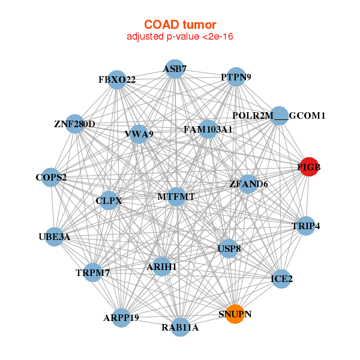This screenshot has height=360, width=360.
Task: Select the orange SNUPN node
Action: coord(235,314)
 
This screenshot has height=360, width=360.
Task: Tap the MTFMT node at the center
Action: coord(176,196)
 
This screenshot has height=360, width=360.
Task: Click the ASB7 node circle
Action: coord(174,69)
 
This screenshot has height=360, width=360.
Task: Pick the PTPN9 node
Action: coord(236,77)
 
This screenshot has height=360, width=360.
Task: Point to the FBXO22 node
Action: coord(117,79)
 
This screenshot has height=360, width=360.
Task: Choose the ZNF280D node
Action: coord(74,124)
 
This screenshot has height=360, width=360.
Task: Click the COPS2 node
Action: coord(51,177)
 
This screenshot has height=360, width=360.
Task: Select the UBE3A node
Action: coord(55,236)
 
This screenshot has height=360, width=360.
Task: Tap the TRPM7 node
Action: coord(93,272)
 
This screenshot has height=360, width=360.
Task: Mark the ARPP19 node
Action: coord(121,317)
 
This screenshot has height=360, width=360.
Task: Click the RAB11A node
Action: coord(179,327)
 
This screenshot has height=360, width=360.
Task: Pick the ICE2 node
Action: coord(281,278)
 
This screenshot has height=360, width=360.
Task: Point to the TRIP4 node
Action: coord(306,226)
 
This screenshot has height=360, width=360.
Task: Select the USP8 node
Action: coord(228,248)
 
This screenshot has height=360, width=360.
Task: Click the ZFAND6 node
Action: coord(248,184)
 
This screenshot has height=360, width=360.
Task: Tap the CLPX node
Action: coord(109,201)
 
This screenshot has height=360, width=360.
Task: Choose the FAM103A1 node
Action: coord(208,129)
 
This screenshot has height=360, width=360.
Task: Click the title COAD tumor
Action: coord(180,25)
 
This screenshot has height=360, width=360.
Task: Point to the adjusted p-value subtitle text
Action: coord(180,37)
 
